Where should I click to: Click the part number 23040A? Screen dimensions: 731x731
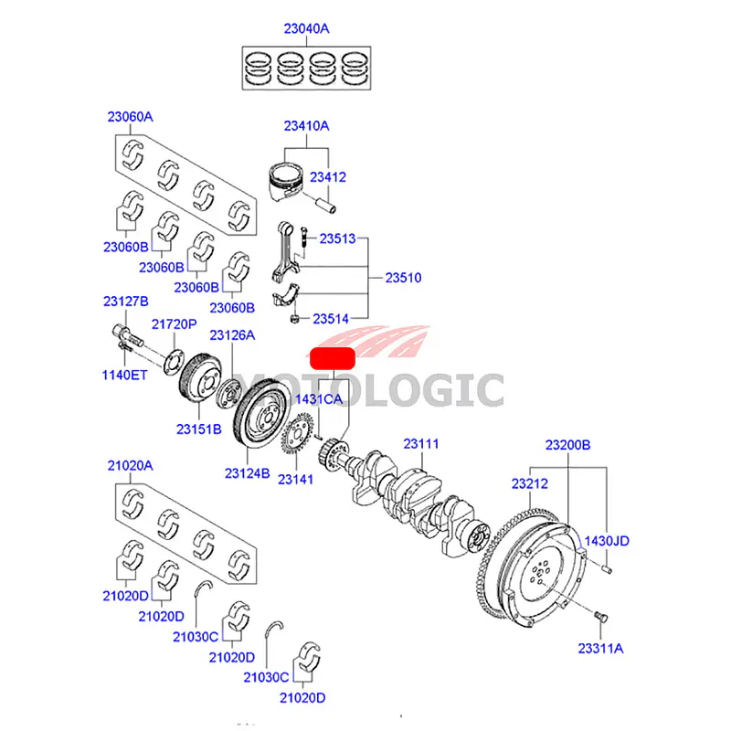[306, 28]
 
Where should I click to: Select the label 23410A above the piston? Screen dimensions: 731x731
[305, 126]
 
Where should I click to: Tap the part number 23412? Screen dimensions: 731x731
[327, 176]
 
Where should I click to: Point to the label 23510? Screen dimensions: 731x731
[402, 277]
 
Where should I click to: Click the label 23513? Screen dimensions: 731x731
[336, 239]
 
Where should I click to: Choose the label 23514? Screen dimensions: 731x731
[331, 319]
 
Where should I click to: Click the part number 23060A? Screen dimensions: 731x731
[130, 117]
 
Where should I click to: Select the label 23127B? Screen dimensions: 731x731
[125, 302]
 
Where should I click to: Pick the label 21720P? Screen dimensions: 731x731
[174, 323]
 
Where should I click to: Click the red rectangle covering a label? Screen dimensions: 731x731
[333, 357]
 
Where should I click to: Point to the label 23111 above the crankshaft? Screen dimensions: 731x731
[422, 444]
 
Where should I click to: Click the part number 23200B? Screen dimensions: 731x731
[568, 445]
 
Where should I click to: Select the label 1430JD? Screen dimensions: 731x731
[607, 541]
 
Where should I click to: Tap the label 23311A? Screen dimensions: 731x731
[599, 648]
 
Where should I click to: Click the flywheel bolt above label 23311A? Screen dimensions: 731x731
[599, 619]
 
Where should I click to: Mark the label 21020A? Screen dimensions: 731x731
[130, 466]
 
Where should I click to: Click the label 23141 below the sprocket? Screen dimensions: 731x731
[295, 479]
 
